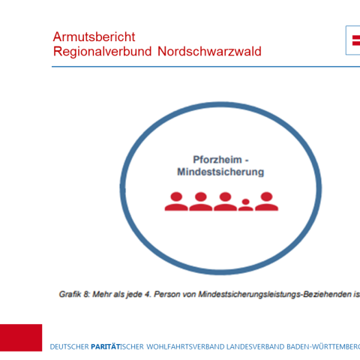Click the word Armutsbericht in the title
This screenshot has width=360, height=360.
[x=94, y=37]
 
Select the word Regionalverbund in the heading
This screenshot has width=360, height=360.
[x=97, y=52]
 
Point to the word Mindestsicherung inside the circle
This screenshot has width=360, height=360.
[x=220, y=172]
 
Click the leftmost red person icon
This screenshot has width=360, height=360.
[x=176, y=200]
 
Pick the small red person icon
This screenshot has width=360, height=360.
[x=245, y=204]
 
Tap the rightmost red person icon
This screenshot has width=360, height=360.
[x=266, y=200]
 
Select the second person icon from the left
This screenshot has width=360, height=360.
[x=200, y=200]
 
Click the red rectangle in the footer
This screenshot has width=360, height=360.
[x=21, y=337]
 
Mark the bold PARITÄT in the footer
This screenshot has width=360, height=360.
[x=107, y=346]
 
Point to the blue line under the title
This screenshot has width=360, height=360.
[x=202, y=67]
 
